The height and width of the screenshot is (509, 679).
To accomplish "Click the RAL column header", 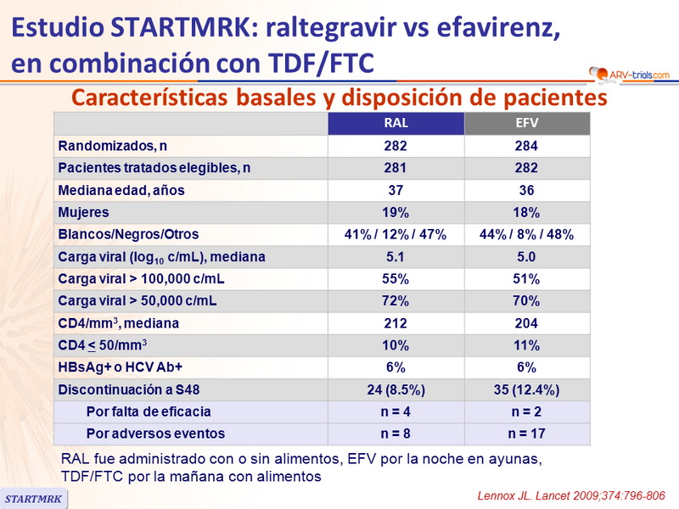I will [x=396, y=124].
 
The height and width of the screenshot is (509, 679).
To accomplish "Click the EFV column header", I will [x=526, y=124].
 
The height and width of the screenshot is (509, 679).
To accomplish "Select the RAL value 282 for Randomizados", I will [x=396, y=146].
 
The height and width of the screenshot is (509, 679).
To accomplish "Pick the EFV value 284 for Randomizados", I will [x=526, y=146].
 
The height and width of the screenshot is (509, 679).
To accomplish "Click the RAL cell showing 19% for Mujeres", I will [x=396, y=212].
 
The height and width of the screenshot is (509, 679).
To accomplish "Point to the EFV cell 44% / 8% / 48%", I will [x=526, y=235].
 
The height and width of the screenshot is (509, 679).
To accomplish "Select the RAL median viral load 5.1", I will [x=396, y=257].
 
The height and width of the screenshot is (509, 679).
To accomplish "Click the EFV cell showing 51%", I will [x=526, y=279].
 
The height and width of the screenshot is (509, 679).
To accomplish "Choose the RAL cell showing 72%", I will [x=396, y=301].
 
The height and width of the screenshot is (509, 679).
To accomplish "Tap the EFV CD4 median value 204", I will [x=526, y=323].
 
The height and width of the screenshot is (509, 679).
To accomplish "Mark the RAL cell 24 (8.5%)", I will [x=396, y=389].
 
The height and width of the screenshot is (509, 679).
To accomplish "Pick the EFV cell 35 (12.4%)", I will [x=526, y=389].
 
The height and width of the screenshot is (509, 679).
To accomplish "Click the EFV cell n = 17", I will [x=526, y=433].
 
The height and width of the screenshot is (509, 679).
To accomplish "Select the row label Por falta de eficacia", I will [x=149, y=411].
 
